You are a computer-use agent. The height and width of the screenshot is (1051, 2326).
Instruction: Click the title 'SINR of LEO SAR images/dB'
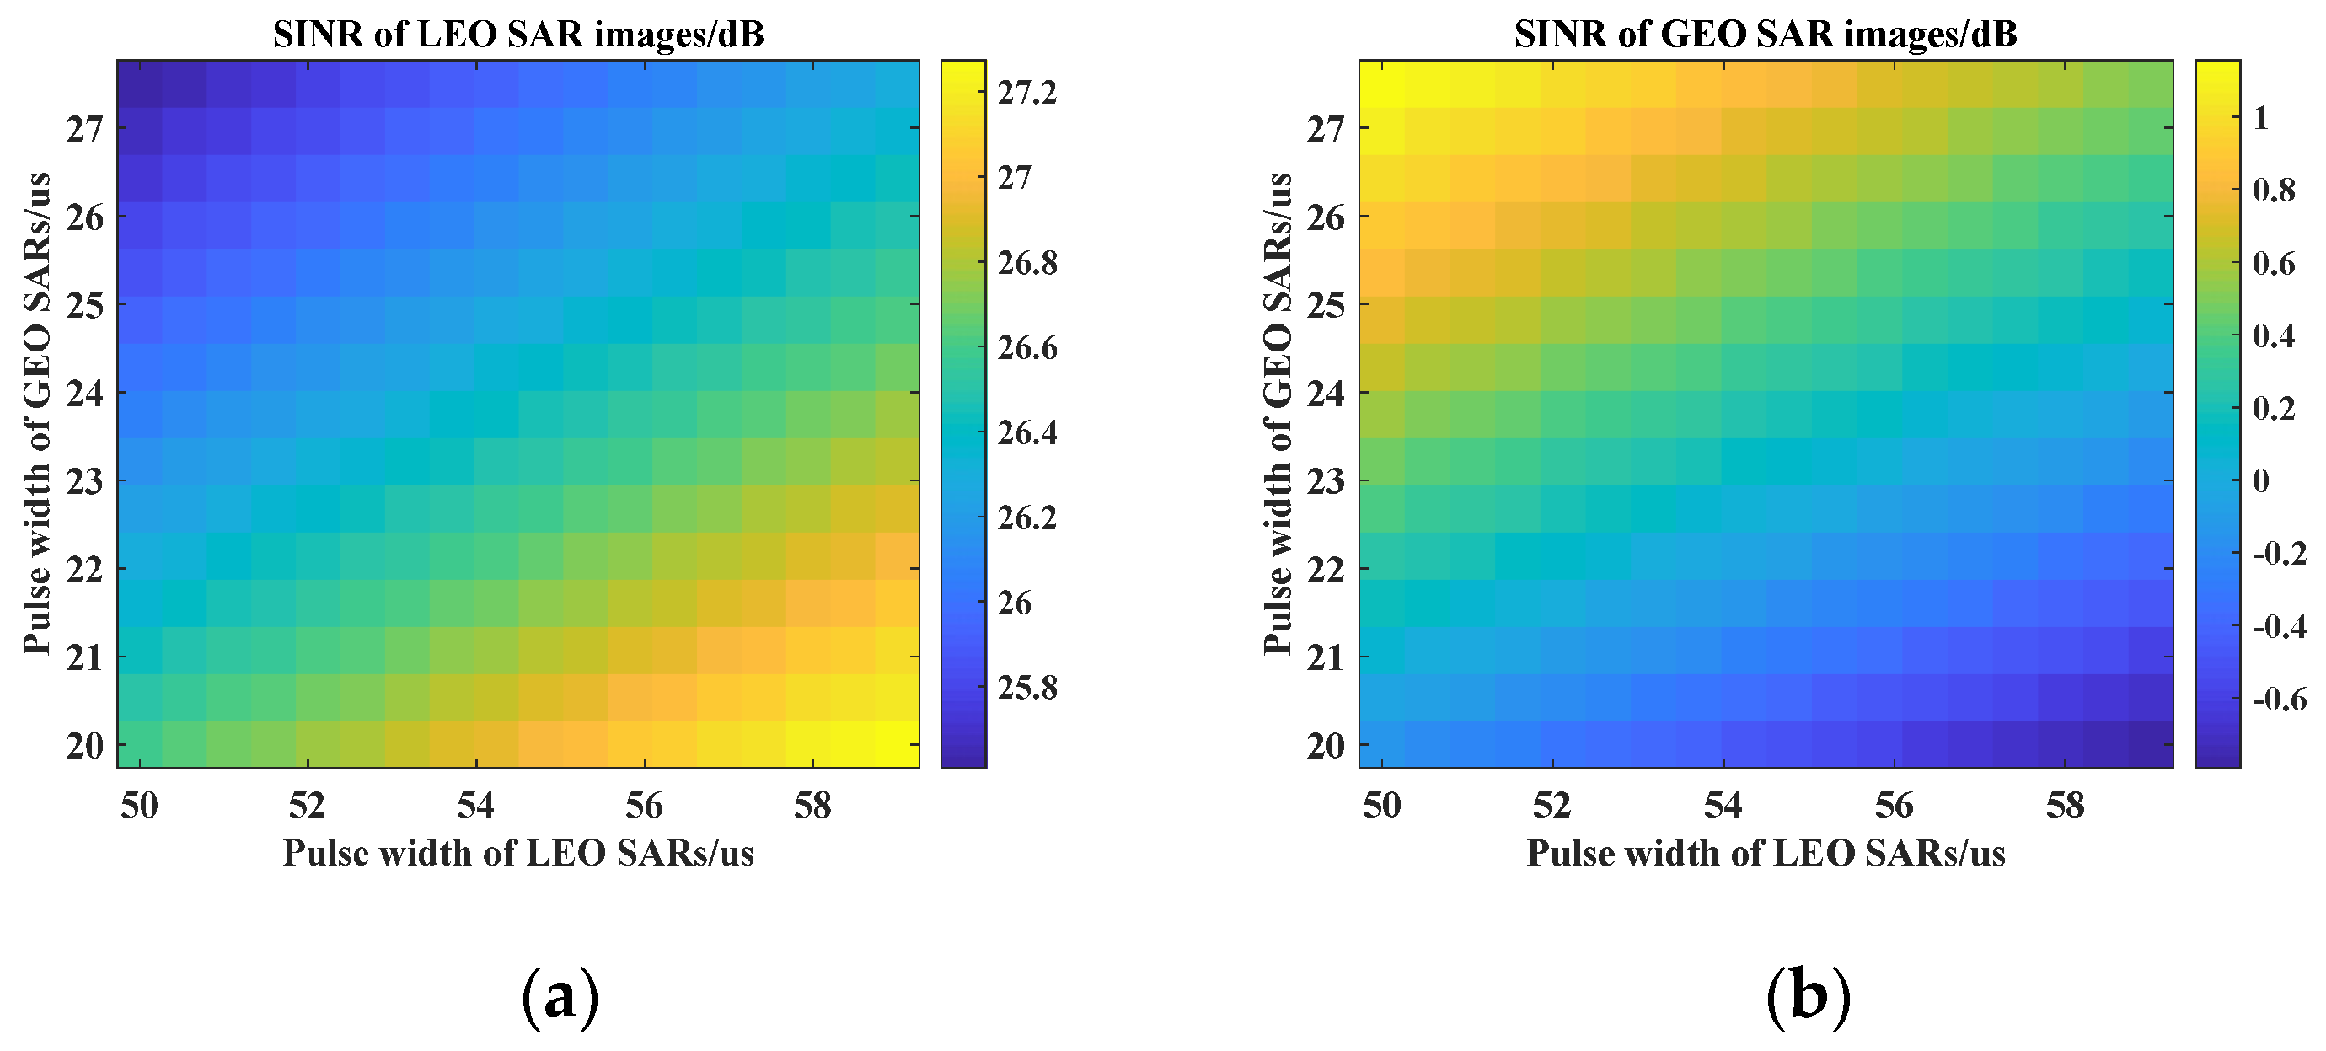[x=518, y=35]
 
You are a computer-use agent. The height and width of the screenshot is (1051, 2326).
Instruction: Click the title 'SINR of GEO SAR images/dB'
[x=1766, y=35]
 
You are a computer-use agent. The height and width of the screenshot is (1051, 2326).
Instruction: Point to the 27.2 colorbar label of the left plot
[x=1026, y=92]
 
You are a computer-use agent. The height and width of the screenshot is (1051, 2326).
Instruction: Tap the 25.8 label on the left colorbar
[x=1026, y=688]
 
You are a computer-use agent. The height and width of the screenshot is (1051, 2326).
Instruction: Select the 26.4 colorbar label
[x=1026, y=432]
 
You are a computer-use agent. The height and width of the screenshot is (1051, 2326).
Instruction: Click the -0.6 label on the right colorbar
[x=2279, y=699]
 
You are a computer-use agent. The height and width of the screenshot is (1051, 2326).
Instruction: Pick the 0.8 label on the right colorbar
[x=2274, y=190]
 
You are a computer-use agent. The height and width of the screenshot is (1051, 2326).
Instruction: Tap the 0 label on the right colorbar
[x=2261, y=480]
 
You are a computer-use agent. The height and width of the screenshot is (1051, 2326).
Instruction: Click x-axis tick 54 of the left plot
[x=476, y=806]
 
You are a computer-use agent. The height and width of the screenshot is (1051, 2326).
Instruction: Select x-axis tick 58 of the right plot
[x=2065, y=806]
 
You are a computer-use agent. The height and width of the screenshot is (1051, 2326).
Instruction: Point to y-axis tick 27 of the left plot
[x=85, y=129]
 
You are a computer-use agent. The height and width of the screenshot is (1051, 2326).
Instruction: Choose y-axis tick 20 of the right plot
[x=1326, y=746]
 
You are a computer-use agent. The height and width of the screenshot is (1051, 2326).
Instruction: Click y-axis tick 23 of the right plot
[x=1326, y=481]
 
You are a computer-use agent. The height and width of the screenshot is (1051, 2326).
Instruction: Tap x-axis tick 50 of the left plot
[x=139, y=806]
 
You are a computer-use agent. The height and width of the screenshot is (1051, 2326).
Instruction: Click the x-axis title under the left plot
[x=518, y=853]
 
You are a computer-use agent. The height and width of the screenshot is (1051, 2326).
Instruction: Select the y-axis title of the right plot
[x=1278, y=413]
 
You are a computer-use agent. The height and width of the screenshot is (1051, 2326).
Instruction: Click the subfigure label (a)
[x=560, y=997]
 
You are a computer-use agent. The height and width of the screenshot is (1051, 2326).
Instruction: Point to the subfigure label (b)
[x=1808, y=997]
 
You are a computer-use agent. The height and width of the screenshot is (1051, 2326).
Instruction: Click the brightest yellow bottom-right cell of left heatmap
[x=897, y=745]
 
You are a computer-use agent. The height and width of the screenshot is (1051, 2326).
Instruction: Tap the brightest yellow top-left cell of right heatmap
[x=1381, y=84]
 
